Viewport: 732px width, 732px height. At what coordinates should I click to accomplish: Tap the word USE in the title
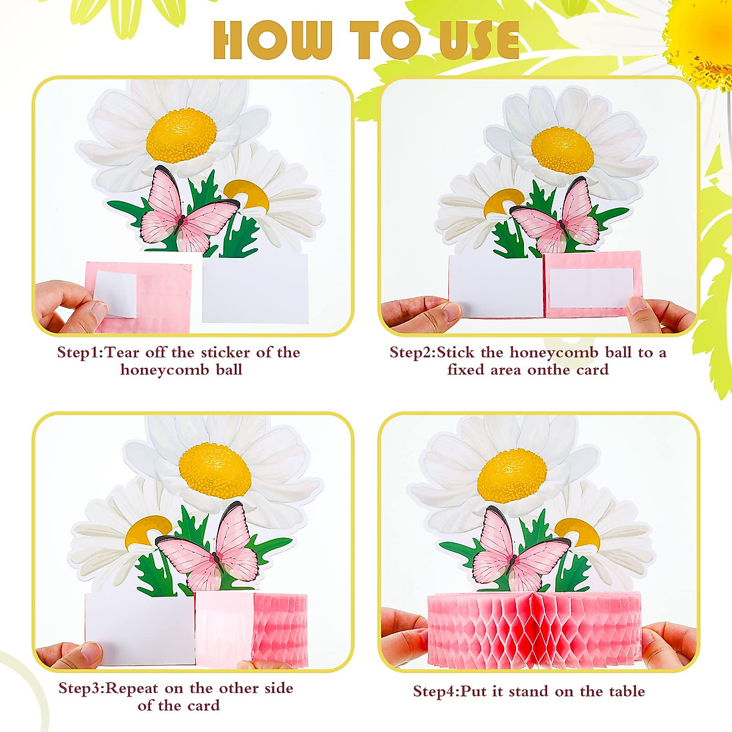tap(479, 40)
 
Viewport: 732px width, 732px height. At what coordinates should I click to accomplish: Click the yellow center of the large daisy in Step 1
tap(181, 135)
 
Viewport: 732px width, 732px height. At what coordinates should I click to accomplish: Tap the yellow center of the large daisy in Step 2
tap(562, 149)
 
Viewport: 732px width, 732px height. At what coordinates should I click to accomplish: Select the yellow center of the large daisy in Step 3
tap(215, 470)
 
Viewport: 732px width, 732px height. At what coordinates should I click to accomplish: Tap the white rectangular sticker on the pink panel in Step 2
tap(590, 287)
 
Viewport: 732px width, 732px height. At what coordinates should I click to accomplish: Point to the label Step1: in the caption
tap(81, 353)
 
